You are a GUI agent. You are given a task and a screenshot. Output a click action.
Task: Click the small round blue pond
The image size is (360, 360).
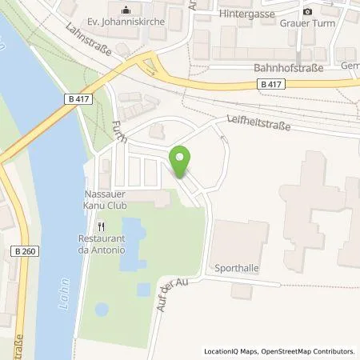click(102, 309)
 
